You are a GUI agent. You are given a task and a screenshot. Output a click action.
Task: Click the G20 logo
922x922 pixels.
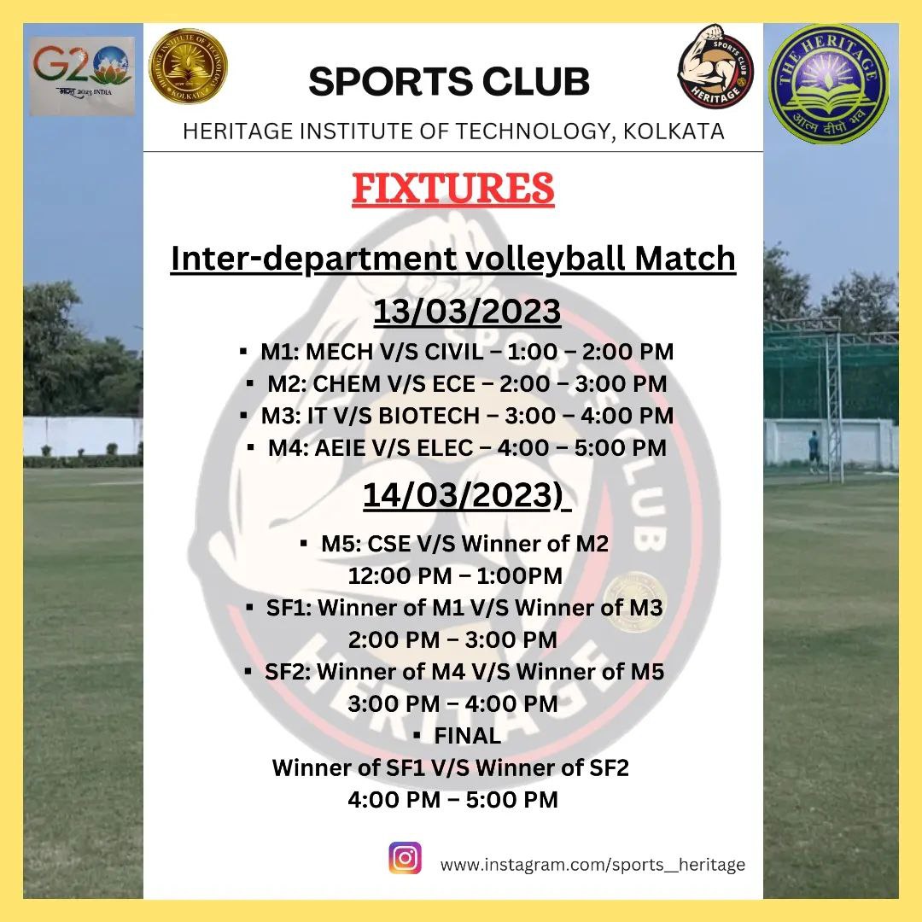[x=82, y=76]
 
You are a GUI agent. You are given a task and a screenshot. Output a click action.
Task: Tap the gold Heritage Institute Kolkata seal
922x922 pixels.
[x=188, y=67]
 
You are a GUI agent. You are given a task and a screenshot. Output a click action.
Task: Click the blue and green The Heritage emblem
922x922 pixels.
[x=828, y=84]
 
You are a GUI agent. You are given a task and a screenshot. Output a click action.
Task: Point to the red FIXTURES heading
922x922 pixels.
[x=453, y=188]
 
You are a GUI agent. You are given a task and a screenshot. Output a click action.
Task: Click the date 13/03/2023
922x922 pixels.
[x=467, y=311]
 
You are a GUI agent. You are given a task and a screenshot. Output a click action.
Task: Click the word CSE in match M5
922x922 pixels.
[x=388, y=544]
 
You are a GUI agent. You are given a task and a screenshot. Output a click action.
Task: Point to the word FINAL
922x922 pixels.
[x=468, y=736]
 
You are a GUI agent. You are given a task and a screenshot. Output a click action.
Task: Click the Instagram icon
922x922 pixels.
[x=406, y=858]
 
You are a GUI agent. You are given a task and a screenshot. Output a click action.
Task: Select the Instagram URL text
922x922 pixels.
[x=592, y=865]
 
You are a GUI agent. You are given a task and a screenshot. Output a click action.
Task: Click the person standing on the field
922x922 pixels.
[x=814, y=452]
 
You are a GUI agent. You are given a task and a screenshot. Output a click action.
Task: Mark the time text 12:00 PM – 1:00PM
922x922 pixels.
[x=455, y=575]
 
